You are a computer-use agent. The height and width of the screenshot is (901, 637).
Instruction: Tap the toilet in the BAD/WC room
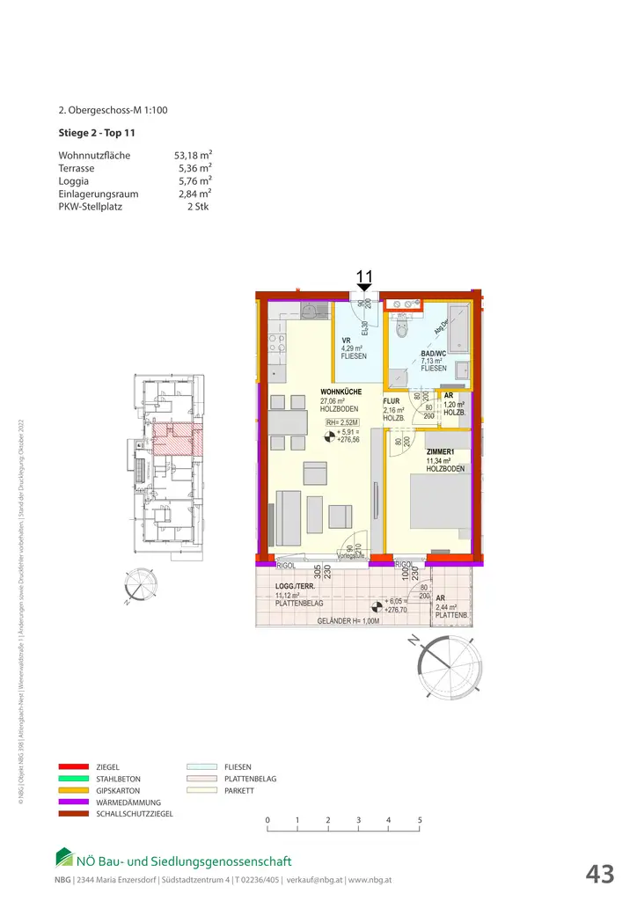[402, 328]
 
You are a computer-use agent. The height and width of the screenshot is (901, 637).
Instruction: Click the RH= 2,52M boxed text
[342, 422]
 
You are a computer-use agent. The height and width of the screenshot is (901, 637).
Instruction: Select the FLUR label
[392, 400]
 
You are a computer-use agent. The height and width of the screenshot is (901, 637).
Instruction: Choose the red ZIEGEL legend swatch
[73, 767]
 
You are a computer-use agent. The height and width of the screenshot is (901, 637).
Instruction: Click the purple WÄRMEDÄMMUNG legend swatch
[73, 802]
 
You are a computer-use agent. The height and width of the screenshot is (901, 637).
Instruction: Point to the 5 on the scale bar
[420, 820]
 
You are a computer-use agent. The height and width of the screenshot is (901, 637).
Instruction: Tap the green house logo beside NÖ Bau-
[65, 857]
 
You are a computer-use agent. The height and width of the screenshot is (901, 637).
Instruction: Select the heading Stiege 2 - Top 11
[96, 134]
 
